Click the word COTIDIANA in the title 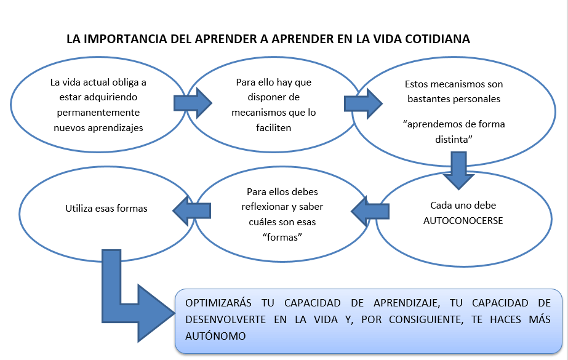[x=438, y=39]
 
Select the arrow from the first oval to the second [x=193, y=102]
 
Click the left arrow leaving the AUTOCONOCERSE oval [x=367, y=212]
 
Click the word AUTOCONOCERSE [x=463, y=220]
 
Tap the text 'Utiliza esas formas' [x=106, y=208]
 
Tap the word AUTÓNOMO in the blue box [x=215, y=336]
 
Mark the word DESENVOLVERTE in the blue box [x=226, y=320]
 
